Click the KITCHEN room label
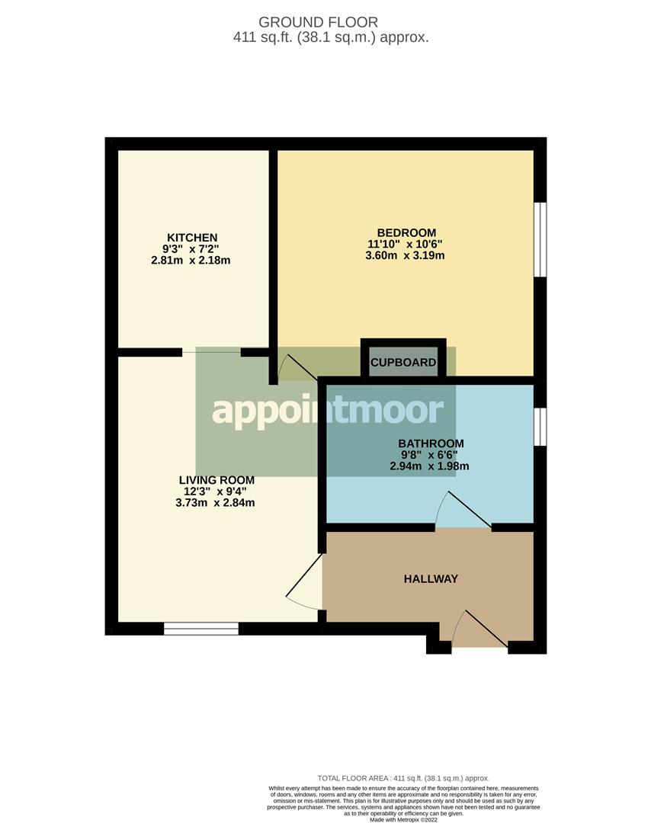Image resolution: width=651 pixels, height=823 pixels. point(193,238)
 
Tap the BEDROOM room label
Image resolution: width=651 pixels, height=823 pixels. point(406,232)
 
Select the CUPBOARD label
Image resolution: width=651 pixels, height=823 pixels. point(403,363)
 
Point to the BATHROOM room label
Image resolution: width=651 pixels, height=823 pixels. point(431,444)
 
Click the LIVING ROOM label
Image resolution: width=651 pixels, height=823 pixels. point(216,480)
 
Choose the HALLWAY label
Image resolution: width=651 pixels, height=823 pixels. point(431,579)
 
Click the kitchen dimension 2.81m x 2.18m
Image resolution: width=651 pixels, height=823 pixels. point(191,261)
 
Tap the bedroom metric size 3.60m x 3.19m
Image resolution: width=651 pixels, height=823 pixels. point(405,256)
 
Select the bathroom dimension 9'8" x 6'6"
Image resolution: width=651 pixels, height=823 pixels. point(431,455)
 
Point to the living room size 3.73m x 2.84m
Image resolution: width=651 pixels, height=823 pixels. point(214,503)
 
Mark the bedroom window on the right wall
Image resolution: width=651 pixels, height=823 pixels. point(539,237)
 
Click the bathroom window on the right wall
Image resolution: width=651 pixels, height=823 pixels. point(539,426)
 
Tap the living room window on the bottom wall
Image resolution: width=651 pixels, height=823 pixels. point(201,629)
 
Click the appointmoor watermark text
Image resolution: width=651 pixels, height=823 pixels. point(328,411)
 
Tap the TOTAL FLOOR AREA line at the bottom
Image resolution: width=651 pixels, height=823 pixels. point(403,778)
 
